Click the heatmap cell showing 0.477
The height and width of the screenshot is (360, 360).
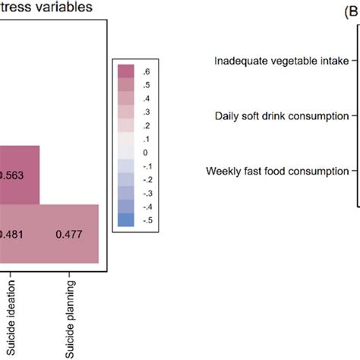69,234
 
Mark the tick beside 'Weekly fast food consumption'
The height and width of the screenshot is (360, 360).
353,171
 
